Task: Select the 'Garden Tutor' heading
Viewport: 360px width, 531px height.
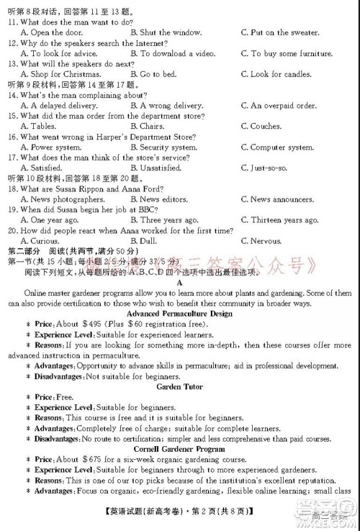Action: tap(179, 387)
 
